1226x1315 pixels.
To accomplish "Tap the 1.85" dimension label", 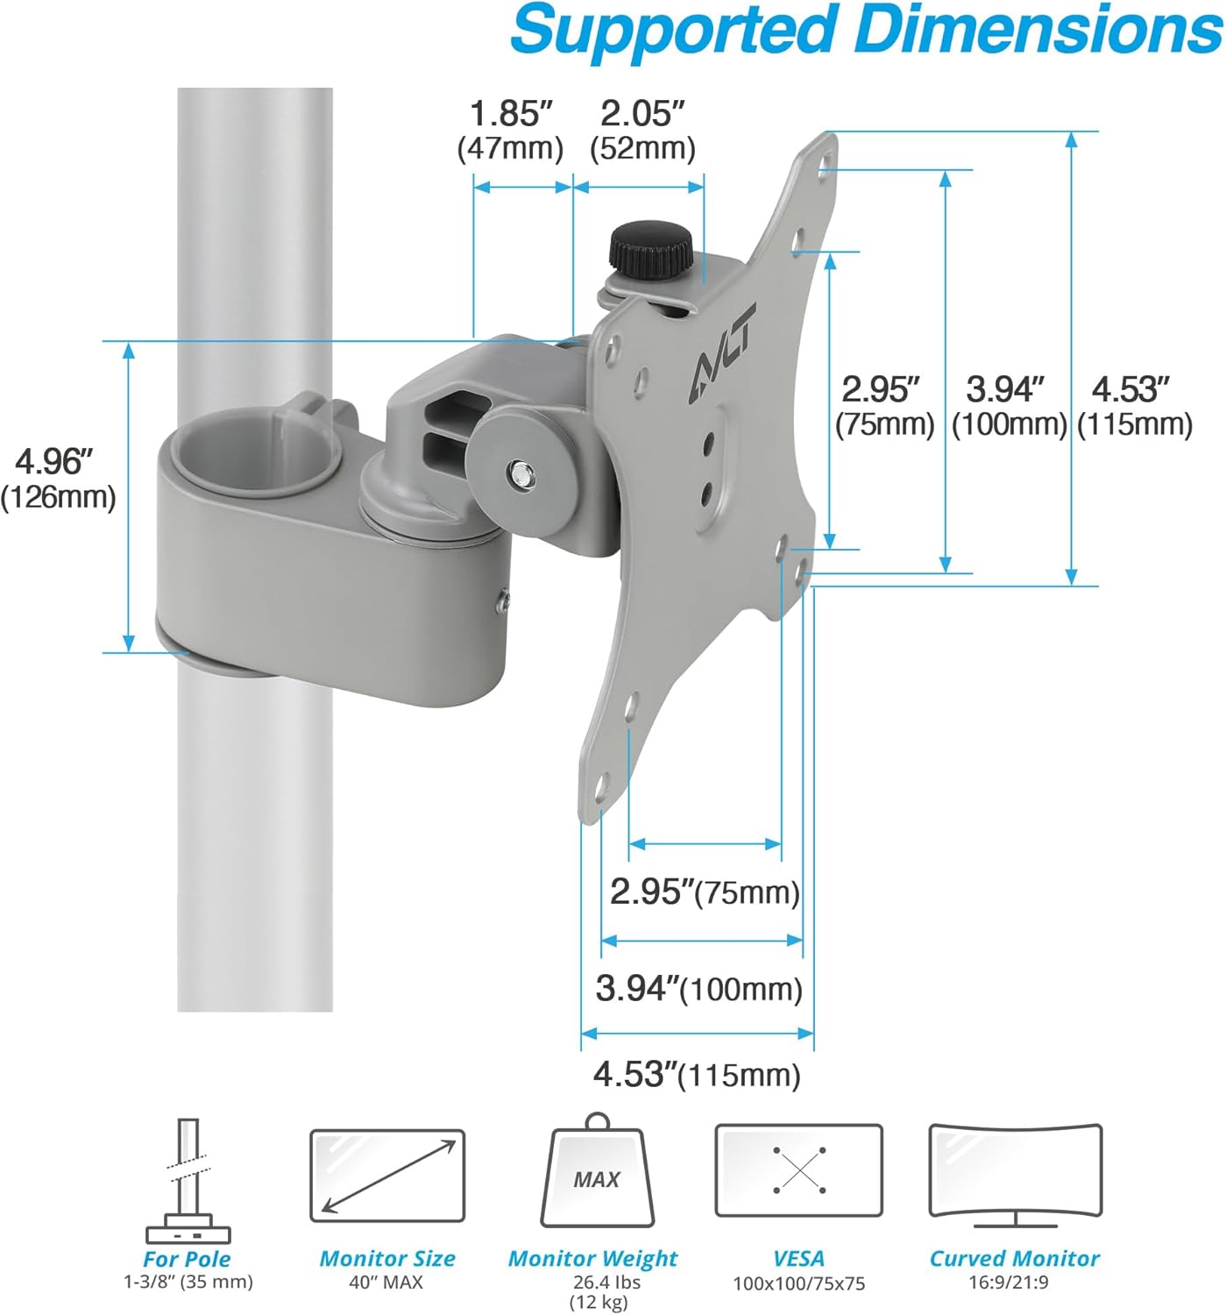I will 511,130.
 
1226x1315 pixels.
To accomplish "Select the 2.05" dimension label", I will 642,130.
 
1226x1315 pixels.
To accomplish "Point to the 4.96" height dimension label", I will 58,479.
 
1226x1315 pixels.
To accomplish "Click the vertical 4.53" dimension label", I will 1133,406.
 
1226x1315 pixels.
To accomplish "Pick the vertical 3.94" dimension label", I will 1008,406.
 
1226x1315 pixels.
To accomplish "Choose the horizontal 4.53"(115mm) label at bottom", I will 697,1074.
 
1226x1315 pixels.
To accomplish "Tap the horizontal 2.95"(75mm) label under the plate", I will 705,892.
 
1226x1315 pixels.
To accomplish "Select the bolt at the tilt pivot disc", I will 521,474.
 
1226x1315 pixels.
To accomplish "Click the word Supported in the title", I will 673,30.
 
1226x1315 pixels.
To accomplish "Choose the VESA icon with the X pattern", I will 798,1170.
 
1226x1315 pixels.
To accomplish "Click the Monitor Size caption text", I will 386,1259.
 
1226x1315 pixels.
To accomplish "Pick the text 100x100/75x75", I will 798,1283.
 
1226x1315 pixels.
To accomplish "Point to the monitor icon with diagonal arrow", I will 386,1175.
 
